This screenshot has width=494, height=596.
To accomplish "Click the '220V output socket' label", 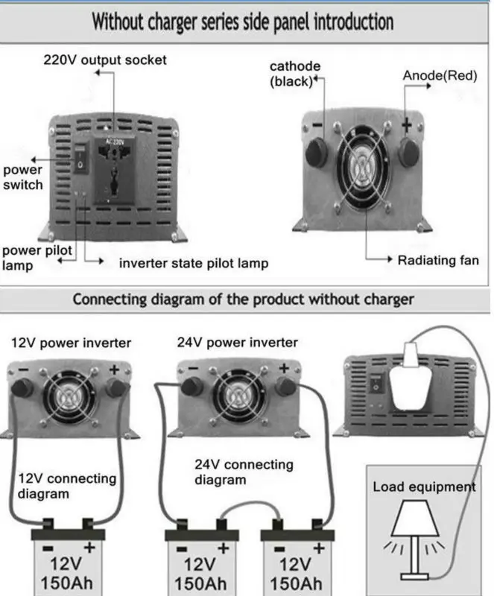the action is [x=104, y=60].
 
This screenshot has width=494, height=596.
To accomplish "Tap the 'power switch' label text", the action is [x=23, y=177].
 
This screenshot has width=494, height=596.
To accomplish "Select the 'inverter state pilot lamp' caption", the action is [x=194, y=264].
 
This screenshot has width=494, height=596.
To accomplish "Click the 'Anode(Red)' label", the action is [x=440, y=76].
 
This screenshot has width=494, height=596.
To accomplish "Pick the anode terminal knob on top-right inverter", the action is [x=408, y=150].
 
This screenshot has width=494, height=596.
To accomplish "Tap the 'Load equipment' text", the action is [x=424, y=487].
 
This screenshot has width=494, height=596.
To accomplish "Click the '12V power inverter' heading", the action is [x=72, y=343].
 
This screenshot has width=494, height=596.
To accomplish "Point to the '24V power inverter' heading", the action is [x=238, y=343].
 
